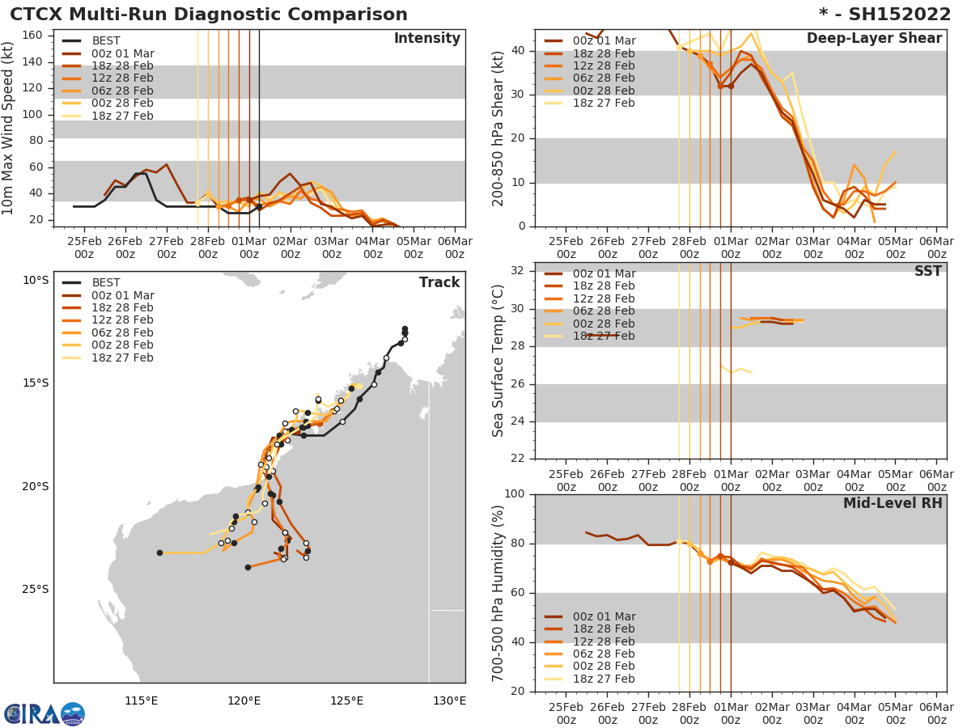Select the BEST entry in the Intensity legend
point(106,41)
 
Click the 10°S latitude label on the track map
point(36,281)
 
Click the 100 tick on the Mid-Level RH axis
point(516,494)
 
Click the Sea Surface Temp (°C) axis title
point(498,361)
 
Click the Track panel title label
point(439,282)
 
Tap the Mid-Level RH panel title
point(893,504)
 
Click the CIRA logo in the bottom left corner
point(44,714)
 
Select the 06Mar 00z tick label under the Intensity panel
point(455,248)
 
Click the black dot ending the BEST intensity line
point(259,206)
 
